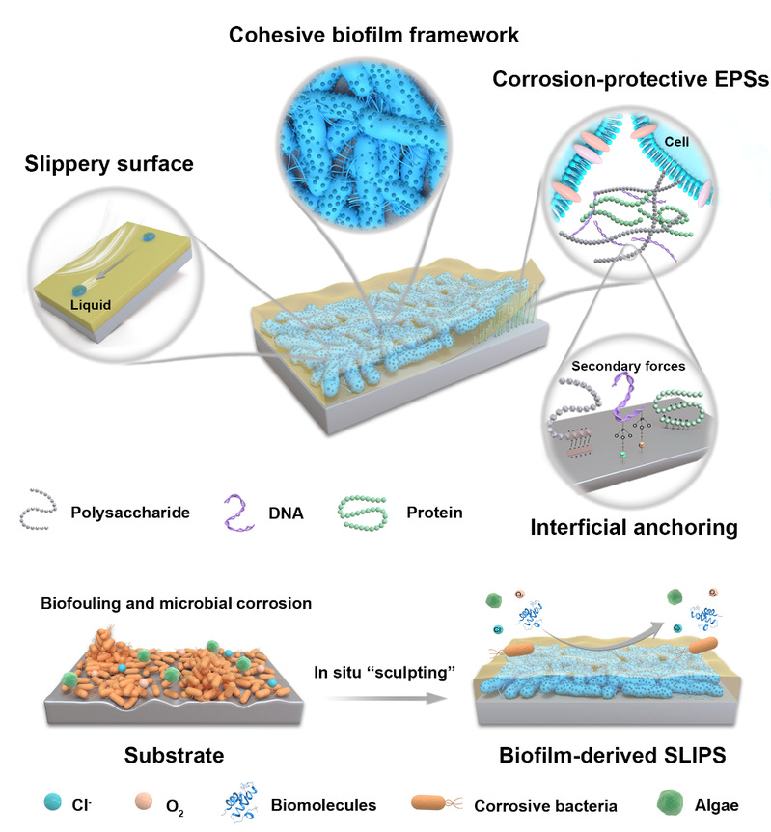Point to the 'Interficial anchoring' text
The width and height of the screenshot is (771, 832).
tap(625, 527)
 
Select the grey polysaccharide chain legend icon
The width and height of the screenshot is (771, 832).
tap(40, 513)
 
